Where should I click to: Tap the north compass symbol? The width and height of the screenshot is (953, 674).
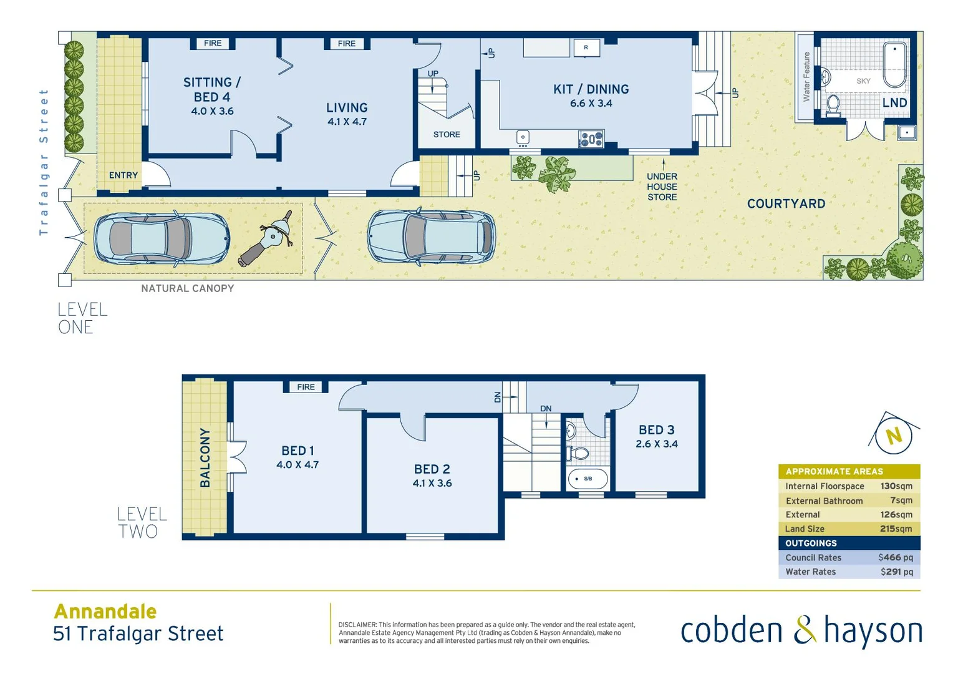(894, 435)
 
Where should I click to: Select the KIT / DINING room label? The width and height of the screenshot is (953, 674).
(591, 89)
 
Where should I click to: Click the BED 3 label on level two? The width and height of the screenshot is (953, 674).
(656, 430)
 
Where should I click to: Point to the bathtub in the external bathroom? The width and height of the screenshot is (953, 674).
(896, 66)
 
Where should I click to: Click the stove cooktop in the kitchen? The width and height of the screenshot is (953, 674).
(591, 139)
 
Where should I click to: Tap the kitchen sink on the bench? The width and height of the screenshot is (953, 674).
(523, 137)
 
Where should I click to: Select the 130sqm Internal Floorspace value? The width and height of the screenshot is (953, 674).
(896, 486)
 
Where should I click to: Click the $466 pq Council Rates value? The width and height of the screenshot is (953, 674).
(895, 557)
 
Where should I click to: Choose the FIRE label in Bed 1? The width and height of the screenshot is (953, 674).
(306, 387)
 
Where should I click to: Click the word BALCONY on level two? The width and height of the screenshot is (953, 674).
(205, 457)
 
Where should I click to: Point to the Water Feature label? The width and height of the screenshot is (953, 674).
(806, 77)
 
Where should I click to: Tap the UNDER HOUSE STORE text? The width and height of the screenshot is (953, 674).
(662, 187)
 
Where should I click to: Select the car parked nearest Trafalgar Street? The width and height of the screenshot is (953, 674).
(162, 238)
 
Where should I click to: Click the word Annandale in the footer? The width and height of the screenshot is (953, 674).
(105, 611)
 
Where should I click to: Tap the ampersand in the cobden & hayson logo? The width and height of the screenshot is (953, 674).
(805, 630)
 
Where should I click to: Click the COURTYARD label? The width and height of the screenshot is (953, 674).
(786, 203)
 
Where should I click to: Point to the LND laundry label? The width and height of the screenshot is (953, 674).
(894, 102)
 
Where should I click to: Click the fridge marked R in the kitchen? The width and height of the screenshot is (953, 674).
(586, 47)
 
